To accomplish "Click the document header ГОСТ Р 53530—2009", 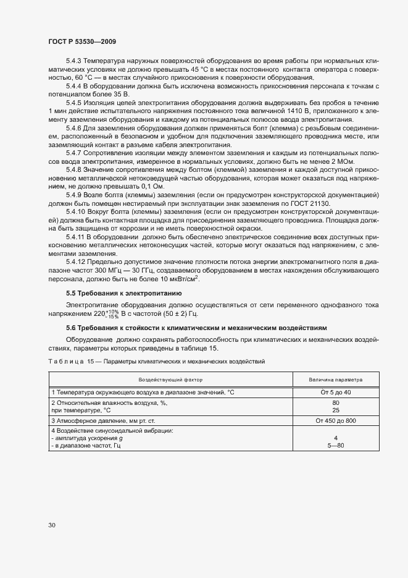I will (81, 41).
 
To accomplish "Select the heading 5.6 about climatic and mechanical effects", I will (196, 327).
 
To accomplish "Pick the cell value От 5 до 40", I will (335, 392).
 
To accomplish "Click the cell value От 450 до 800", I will (335, 420).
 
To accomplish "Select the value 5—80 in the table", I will (335, 445).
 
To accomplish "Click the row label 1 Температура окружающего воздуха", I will (139, 392).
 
